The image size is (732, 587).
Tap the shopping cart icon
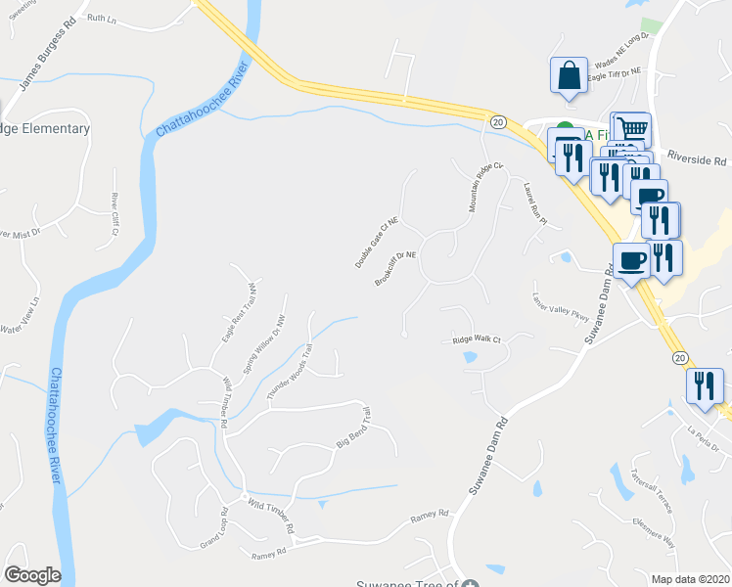coord(632,128)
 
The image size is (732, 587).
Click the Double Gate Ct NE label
coord(377,244)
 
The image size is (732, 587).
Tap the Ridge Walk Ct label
coord(476,340)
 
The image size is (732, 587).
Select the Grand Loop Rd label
coord(213,528)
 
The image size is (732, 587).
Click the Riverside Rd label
coord(698,159)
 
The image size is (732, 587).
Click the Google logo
coord(32,575)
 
